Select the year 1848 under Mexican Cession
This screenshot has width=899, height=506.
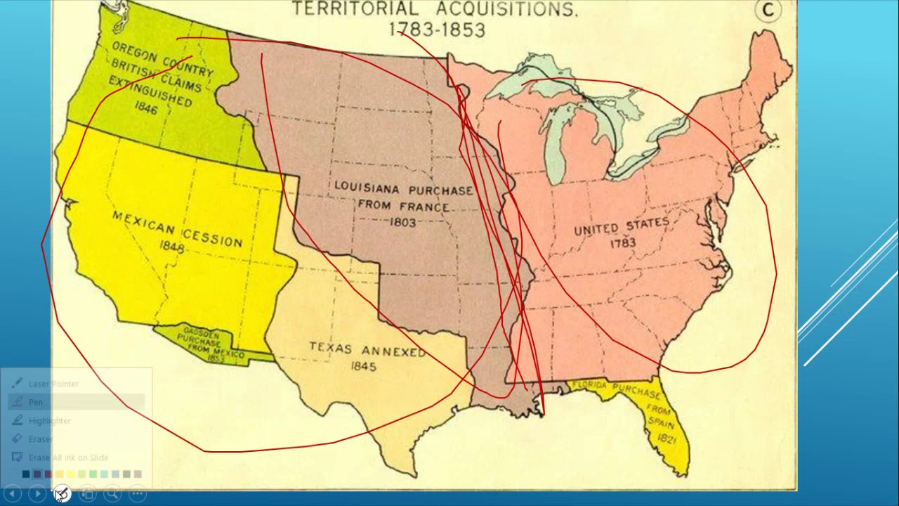[x=171, y=247]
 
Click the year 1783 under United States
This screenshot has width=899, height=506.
[x=622, y=243]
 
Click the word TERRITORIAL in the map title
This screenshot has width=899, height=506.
[x=354, y=9]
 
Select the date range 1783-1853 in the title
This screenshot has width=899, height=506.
[x=436, y=30]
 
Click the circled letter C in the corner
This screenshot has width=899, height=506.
[x=768, y=10]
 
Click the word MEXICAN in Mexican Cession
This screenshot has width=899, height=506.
[x=143, y=224]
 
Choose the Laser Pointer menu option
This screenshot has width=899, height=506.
[x=53, y=384]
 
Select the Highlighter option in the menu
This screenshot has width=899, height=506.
[x=49, y=420]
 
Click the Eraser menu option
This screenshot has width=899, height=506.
[x=40, y=439]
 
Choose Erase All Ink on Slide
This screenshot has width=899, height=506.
[x=68, y=458]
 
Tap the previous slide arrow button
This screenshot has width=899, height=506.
[x=12, y=494]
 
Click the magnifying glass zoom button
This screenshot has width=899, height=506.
[x=112, y=494]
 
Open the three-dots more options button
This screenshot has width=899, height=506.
[x=138, y=494]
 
